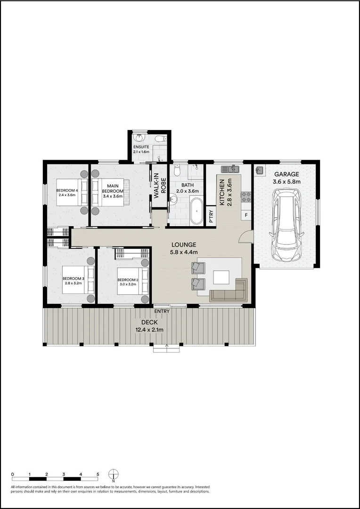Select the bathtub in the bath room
point(196,211)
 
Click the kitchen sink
point(231,168)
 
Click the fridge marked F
point(246,215)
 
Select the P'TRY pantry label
point(211,215)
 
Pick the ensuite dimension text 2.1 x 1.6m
point(141,152)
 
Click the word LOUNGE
point(183,245)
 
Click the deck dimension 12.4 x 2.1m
point(148,329)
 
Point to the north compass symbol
point(114,474)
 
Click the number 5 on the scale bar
point(98,475)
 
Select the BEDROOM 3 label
point(73,279)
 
